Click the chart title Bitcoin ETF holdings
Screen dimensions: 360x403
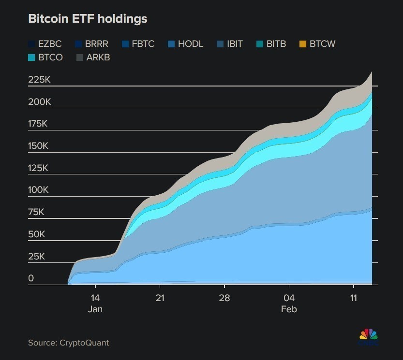coord(88,19)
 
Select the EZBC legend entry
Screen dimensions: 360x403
coord(45,44)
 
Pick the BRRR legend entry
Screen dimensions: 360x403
coord(91,44)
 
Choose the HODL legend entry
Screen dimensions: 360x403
coord(185,44)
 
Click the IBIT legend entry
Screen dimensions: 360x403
coord(230,44)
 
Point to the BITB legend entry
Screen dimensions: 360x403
coord(271,44)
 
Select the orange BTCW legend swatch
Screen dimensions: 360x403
coord(302,44)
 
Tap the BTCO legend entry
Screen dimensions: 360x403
coord(45,58)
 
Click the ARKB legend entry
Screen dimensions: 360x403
coord(93,58)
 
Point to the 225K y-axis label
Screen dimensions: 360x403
coord(39,80)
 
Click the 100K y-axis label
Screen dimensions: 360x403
coord(38,190)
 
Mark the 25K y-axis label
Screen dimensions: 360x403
coord(36,257)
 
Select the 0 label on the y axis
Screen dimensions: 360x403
coord(31,278)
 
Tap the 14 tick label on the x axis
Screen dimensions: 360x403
coord(95,298)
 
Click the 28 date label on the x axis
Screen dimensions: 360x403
coord(224,298)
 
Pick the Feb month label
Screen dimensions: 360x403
coord(289,309)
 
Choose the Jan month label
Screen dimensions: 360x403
coord(95,309)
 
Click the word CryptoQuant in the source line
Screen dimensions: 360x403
coord(84,343)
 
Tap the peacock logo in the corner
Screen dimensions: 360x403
coord(368,335)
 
